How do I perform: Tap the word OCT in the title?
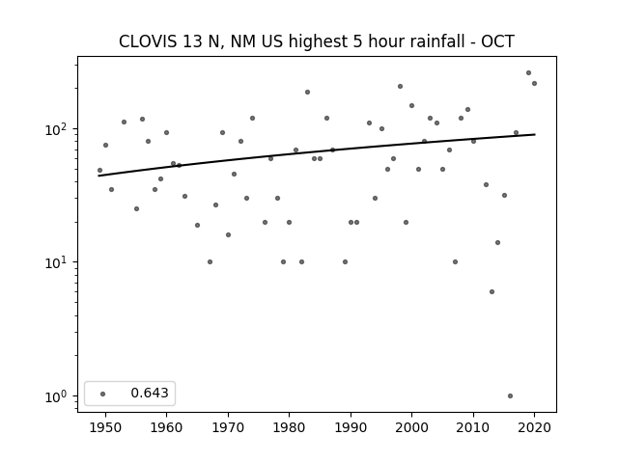(498, 41)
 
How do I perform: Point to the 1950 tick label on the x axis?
(105, 427)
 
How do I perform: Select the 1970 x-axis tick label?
(228, 427)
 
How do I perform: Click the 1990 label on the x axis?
(351, 427)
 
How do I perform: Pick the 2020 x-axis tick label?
(534, 427)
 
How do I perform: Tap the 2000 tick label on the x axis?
(412, 427)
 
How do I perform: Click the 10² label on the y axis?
(58, 128)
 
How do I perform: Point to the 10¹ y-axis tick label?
(58, 262)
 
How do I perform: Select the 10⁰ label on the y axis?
(58, 396)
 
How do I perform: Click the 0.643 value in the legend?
(150, 393)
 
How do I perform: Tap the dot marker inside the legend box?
(103, 394)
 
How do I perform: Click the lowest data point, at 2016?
(510, 396)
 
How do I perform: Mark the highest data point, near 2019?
(528, 73)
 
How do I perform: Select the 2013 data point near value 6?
(492, 291)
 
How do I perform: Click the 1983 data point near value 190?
(307, 93)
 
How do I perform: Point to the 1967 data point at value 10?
(210, 261)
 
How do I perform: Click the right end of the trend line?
(535, 134)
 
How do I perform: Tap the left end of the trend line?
(98, 176)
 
